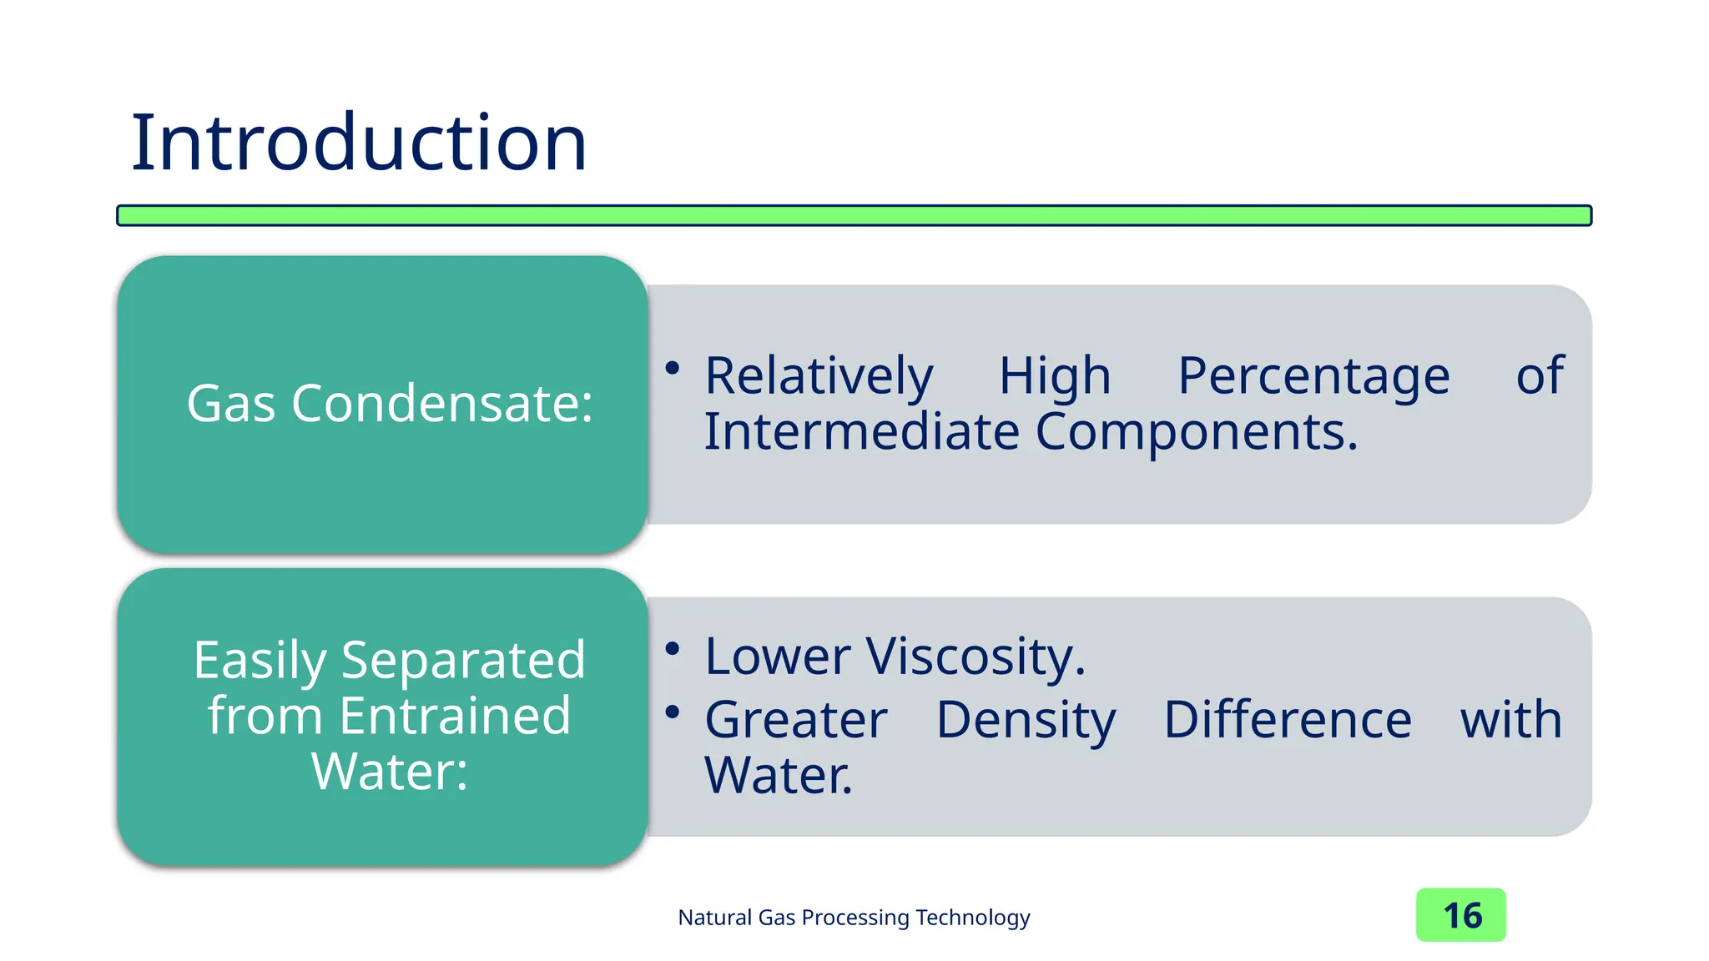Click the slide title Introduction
(x=359, y=143)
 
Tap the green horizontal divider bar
(x=854, y=215)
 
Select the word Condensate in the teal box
(x=442, y=404)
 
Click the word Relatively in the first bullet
(x=819, y=376)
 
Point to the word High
(x=1055, y=376)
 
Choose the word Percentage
(x=1313, y=376)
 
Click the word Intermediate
(x=861, y=432)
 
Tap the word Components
(x=1197, y=432)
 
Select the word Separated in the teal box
(x=463, y=660)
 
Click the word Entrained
(x=455, y=716)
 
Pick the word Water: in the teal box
(x=389, y=772)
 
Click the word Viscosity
(x=975, y=657)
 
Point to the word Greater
(x=796, y=720)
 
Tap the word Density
(x=1026, y=720)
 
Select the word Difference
(x=1287, y=720)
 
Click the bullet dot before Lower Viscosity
(x=673, y=648)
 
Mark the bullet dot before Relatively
(x=673, y=368)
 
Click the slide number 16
(x=1461, y=916)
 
